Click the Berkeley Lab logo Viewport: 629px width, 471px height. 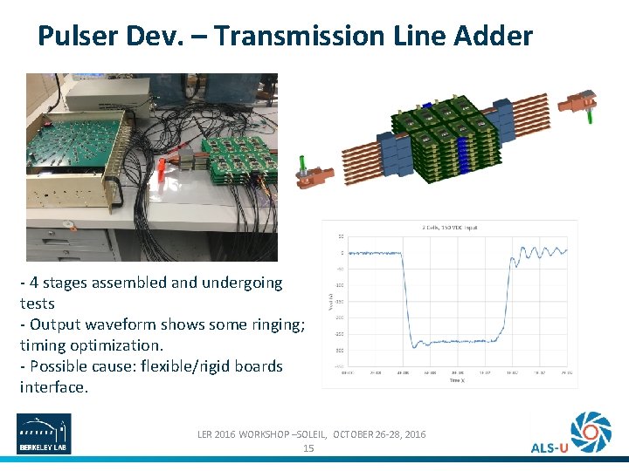click(x=45, y=433)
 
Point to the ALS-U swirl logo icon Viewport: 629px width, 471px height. click(x=591, y=430)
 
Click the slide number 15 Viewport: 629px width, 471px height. click(x=308, y=447)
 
